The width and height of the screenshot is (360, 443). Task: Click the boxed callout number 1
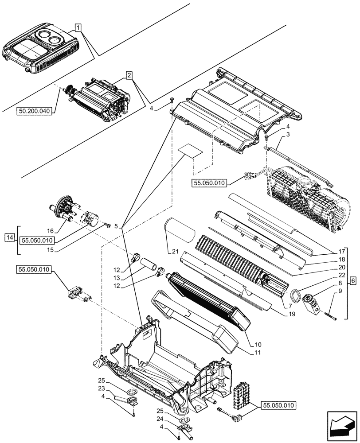pos(78,28)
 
